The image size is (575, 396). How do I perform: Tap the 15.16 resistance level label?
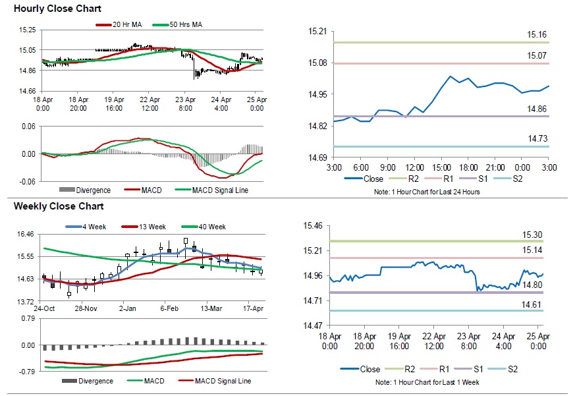537,34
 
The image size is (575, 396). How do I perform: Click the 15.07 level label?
537,55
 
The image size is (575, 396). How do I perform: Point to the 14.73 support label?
537,138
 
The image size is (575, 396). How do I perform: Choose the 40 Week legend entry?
209,227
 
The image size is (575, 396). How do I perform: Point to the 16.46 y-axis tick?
26,234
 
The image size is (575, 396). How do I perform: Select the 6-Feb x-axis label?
169,308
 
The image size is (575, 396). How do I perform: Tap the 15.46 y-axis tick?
313,225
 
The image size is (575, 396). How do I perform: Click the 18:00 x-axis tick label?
468,167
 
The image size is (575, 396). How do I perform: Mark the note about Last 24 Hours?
429,192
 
